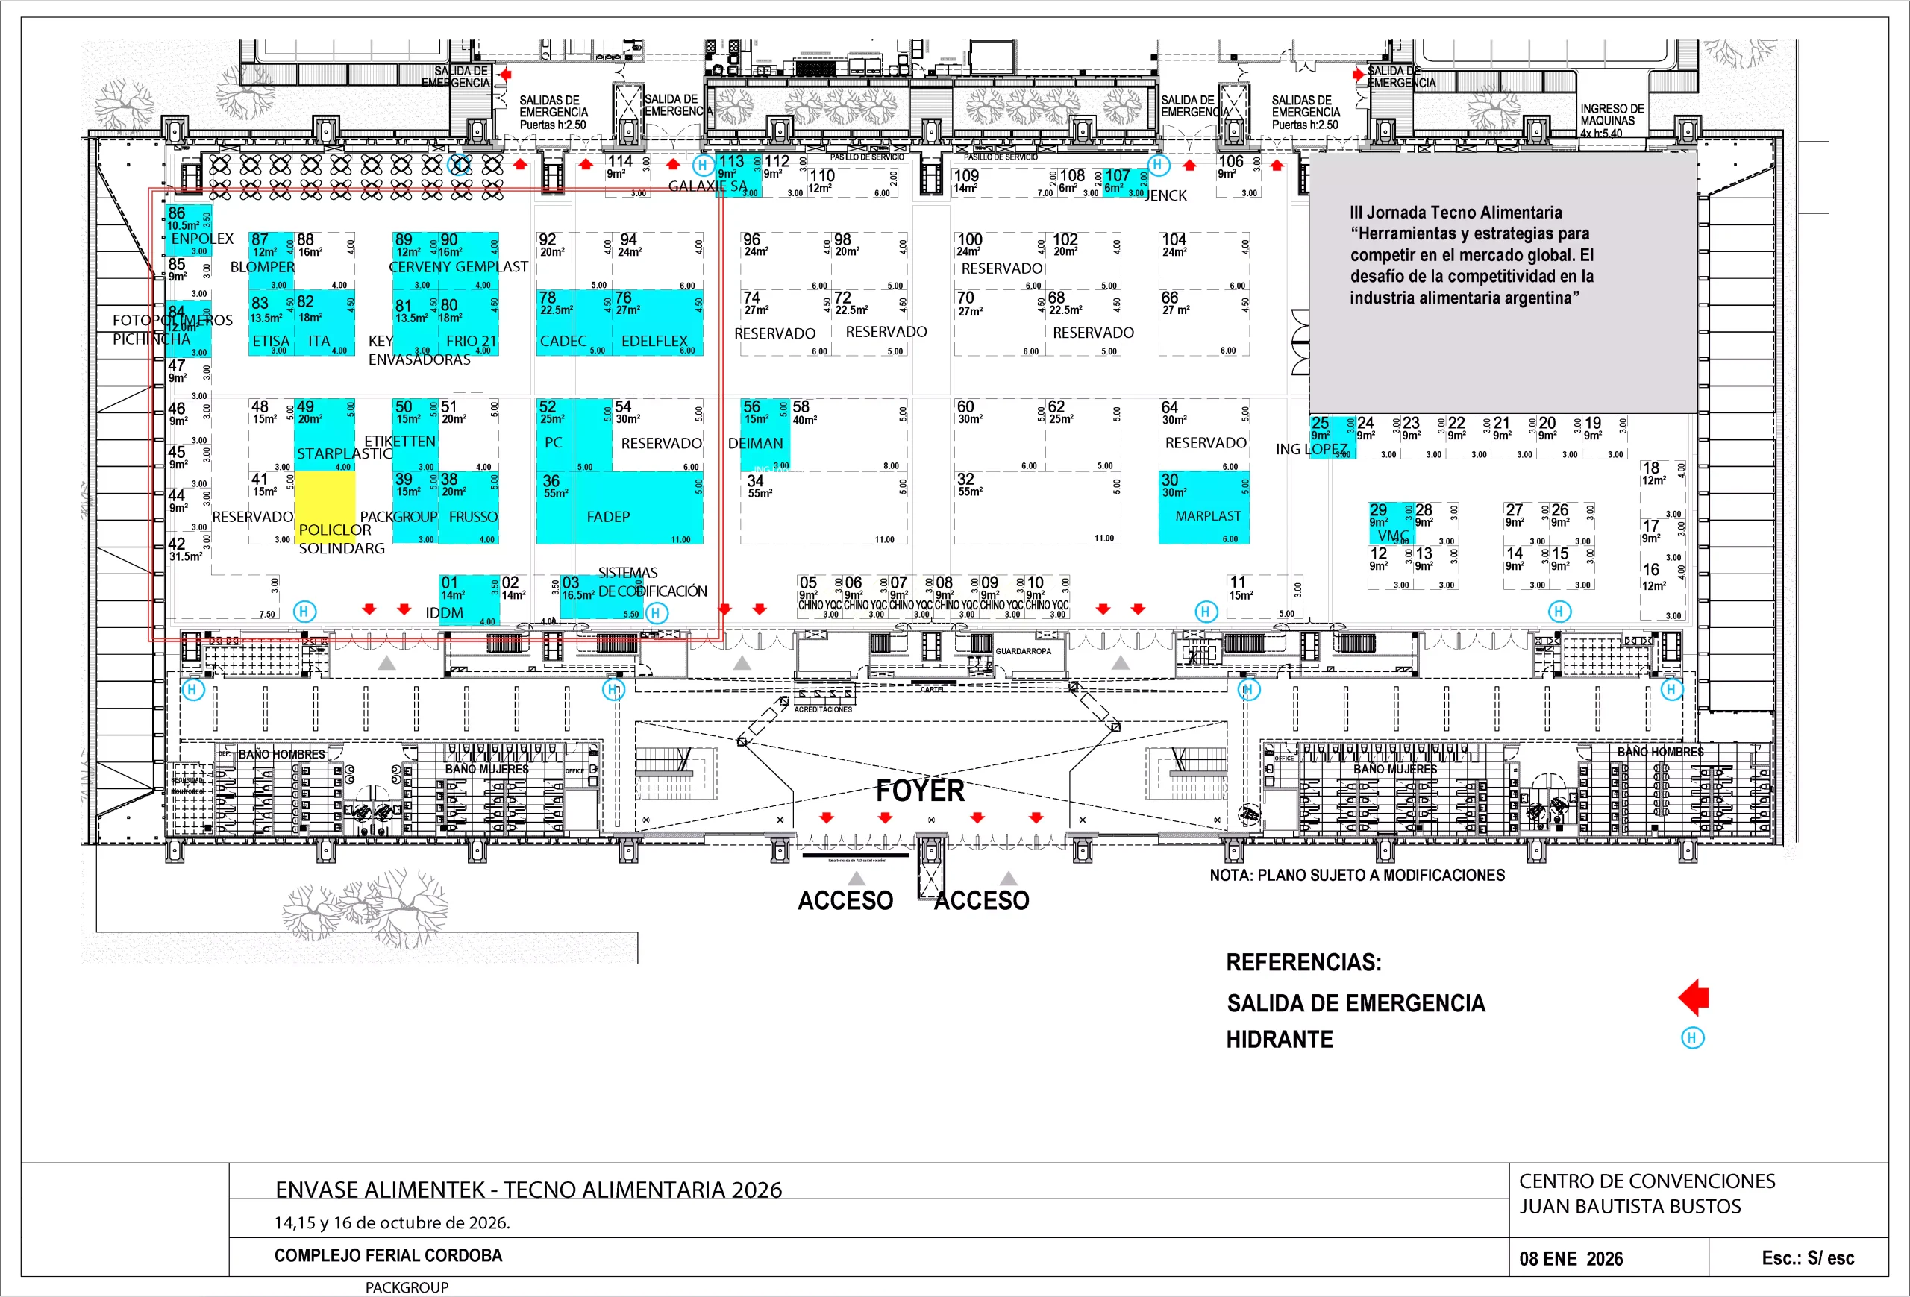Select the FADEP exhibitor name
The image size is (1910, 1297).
tap(608, 517)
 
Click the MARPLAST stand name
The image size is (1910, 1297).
tap(1207, 516)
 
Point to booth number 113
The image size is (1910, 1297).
tap(730, 162)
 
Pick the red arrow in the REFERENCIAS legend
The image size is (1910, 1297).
tap(1694, 998)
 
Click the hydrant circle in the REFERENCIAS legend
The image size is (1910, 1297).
tap(1691, 1037)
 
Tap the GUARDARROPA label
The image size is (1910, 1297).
tap(1022, 651)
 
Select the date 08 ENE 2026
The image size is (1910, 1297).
tap(1571, 1258)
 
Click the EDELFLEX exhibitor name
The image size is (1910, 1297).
tap(654, 341)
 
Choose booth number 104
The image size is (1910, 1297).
tap(1174, 240)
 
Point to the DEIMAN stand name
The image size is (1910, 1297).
tap(755, 444)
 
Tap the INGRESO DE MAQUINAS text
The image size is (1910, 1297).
tap(1612, 120)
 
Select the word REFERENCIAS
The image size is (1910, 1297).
tap(1303, 962)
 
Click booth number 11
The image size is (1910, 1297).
tap(1238, 582)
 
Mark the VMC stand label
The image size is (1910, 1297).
tap(1393, 536)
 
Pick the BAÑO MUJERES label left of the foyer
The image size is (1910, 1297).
tap(486, 769)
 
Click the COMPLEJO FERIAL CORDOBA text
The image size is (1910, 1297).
tap(388, 1255)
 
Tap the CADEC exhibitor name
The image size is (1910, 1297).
tap(563, 341)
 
